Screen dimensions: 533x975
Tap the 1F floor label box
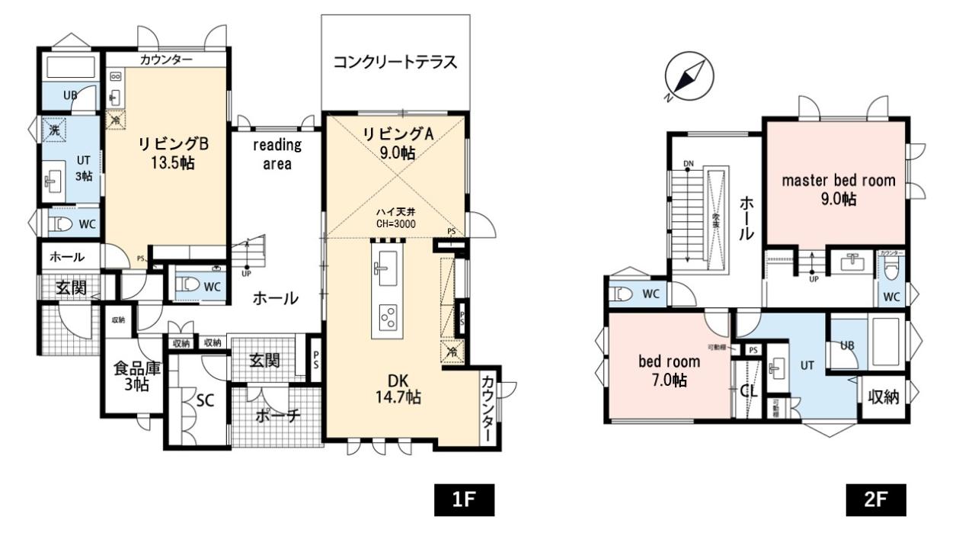coord(464,500)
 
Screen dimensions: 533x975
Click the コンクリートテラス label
coord(395,63)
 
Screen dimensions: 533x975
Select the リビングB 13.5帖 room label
coord(168,153)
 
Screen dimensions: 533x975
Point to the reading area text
coord(277,154)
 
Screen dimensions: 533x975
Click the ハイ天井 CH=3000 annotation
coord(395,217)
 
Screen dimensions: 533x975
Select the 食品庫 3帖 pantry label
coord(136,376)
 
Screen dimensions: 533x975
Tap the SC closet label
coord(204,401)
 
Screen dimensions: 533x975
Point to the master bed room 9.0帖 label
coord(839,189)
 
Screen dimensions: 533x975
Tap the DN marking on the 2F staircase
coord(689,164)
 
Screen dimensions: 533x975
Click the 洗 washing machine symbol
coord(54,130)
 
